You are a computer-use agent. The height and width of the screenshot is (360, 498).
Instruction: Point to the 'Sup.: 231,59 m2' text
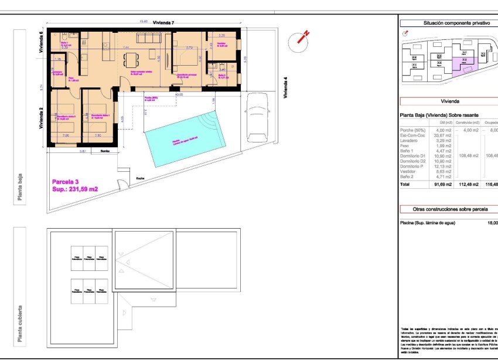click(75, 189)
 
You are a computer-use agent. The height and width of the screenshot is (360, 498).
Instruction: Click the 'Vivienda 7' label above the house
click(163, 22)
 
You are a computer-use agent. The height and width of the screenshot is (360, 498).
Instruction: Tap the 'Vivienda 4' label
click(285, 88)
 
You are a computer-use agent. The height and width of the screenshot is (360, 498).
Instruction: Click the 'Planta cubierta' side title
click(21, 323)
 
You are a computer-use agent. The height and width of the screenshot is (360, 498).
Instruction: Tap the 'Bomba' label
click(105, 152)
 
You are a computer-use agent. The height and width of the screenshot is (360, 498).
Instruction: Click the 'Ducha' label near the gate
click(139, 178)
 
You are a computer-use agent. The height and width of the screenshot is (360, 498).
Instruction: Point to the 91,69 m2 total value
click(442, 184)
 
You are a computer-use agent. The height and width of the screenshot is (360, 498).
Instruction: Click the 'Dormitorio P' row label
click(412, 167)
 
